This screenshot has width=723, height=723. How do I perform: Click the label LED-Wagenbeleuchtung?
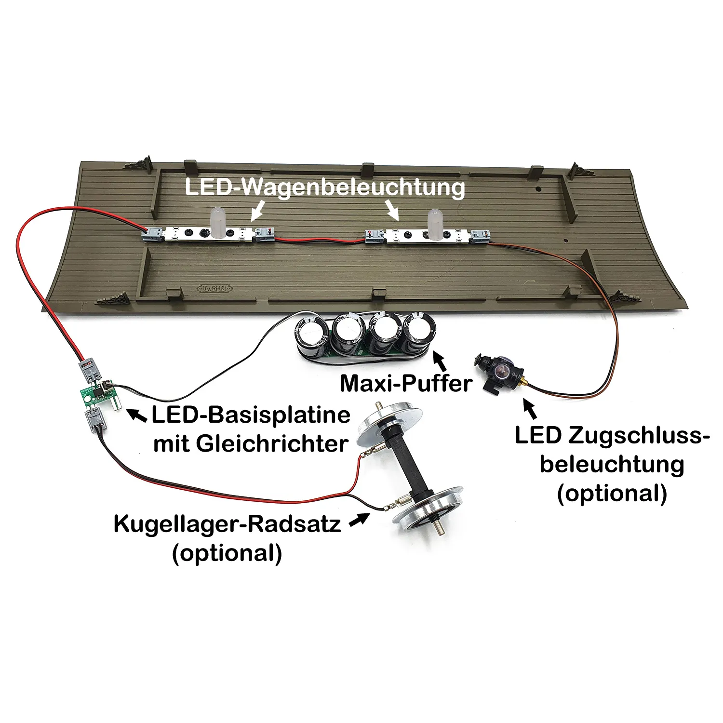(325, 187)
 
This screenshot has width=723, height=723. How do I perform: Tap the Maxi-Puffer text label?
(406, 383)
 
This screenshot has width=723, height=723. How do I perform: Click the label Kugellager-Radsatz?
(227, 524)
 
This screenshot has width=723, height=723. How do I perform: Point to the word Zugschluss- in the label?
(638, 435)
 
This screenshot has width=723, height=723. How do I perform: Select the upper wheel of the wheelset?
(388, 427)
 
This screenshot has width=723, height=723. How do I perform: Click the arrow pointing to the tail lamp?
(530, 409)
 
